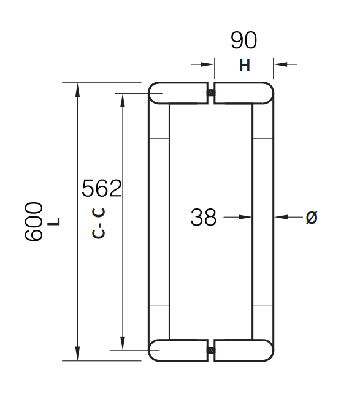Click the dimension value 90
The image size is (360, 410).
tap(243, 40)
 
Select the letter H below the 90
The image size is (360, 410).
tap(245, 66)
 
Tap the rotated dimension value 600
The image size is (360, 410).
tap(34, 221)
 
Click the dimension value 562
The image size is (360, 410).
tap(102, 188)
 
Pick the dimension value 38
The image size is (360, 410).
tap(204, 217)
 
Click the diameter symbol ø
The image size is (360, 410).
tap(312, 217)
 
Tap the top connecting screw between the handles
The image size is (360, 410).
tap(211, 94)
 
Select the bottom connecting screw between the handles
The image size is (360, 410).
tap(211, 351)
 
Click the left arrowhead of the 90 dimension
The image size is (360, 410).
tap(208, 63)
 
